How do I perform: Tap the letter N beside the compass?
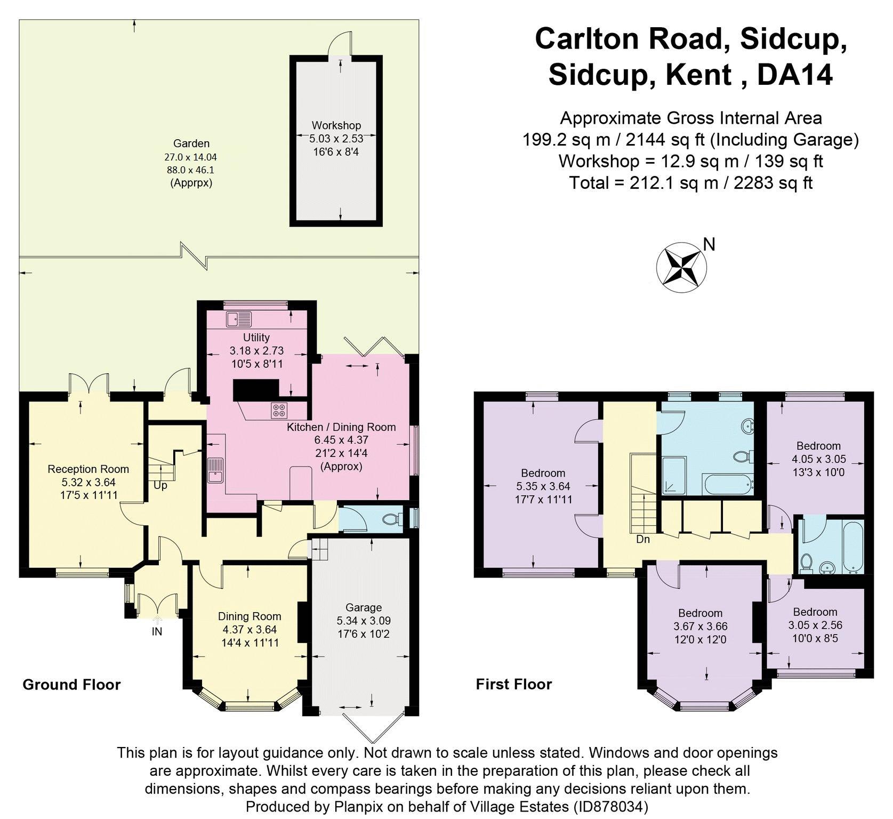[x=709, y=244]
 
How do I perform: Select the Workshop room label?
[x=336, y=125]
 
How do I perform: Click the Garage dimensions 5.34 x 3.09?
[x=363, y=621]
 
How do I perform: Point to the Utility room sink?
[x=238, y=319]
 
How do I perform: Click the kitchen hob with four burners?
[x=279, y=411]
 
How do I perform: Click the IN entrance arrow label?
[x=157, y=631]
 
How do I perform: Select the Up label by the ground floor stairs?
[x=160, y=486]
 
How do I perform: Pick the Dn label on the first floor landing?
[x=643, y=539]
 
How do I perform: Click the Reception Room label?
[x=89, y=469]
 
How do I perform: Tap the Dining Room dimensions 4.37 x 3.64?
[x=250, y=630]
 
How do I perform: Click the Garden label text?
[x=191, y=143]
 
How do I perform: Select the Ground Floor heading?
[x=71, y=685]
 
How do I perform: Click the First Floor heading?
[x=513, y=684]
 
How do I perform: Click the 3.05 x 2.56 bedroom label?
[x=815, y=625]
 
